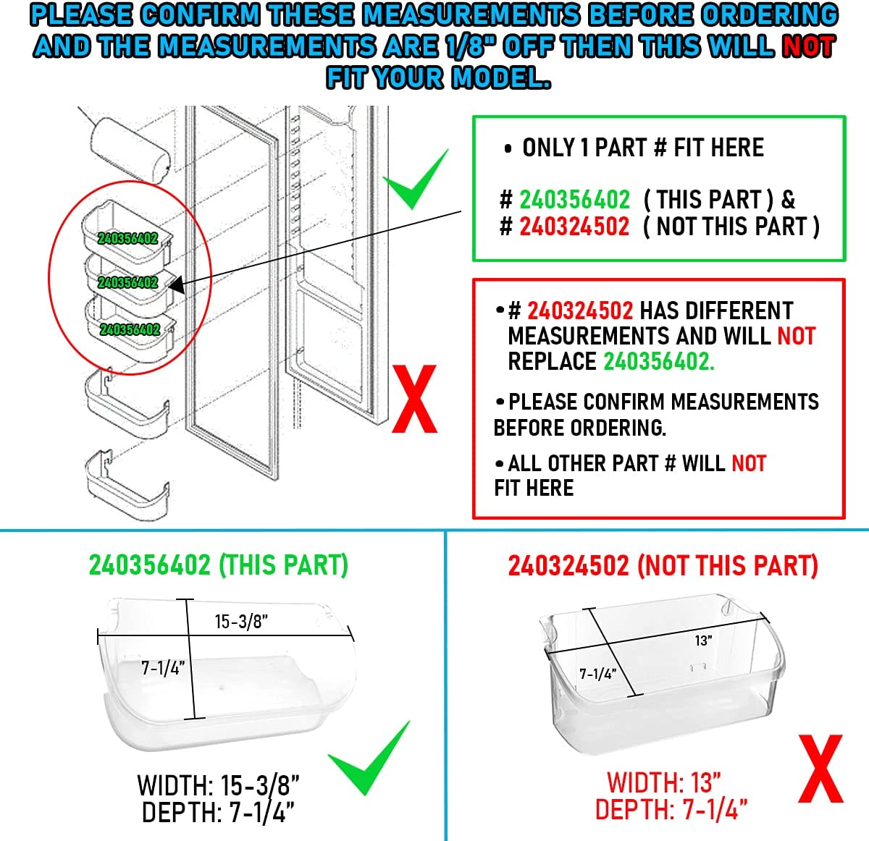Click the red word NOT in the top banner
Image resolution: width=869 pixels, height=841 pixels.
click(809, 47)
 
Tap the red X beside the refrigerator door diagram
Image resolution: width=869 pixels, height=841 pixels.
click(414, 400)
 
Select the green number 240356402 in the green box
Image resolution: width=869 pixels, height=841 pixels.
click(574, 200)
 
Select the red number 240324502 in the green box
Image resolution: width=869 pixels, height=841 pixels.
click(574, 227)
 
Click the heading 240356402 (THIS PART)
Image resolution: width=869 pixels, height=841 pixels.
click(218, 565)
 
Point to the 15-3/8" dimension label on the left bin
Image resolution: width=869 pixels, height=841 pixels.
click(241, 622)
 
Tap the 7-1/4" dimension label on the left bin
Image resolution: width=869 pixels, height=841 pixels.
click(163, 667)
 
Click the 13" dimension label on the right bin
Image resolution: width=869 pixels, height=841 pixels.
click(703, 641)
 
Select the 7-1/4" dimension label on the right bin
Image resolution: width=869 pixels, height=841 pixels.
click(597, 674)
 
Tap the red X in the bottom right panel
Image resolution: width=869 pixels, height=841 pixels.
click(820, 769)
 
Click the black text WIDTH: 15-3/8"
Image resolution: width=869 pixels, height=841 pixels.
click(218, 785)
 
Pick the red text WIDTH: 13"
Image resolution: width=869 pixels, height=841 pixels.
click(664, 783)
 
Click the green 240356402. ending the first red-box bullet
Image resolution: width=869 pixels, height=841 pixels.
click(658, 361)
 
